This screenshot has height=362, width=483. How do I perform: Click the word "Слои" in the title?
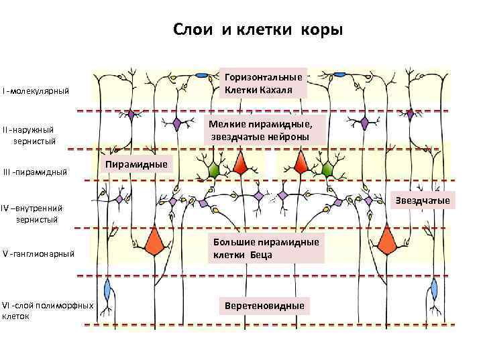[x=192, y=30]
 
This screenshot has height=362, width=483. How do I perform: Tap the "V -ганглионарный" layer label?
[x=38, y=253]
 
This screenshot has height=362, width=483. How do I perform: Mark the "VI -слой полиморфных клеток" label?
[x=47, y=310]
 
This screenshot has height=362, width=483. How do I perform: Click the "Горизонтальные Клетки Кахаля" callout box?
[x=264, y=83]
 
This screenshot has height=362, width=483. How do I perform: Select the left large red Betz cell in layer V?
[x=156, y=239]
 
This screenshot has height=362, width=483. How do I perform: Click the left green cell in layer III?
[x=214, y=170]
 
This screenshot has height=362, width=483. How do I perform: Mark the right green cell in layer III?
[x=327, y=169]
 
